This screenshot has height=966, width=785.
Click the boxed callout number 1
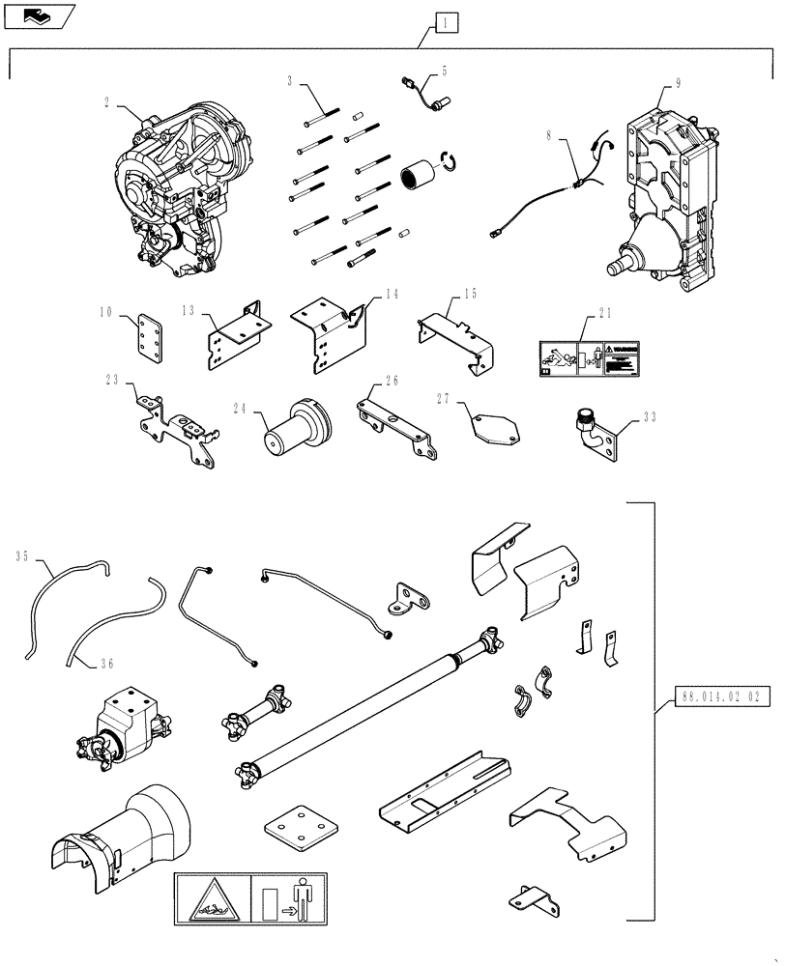pyautogui.click(x=444, y=20)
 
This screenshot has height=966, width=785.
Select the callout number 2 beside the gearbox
pyautogui.click(x=105, y=99)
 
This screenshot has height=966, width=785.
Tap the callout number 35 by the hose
pyautogui.click(x=22, y=555)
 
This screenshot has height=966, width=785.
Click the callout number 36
pyautogui.click(x=106, y=663)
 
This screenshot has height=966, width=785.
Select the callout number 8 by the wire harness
pyautogui.click(x=550, y=137)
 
